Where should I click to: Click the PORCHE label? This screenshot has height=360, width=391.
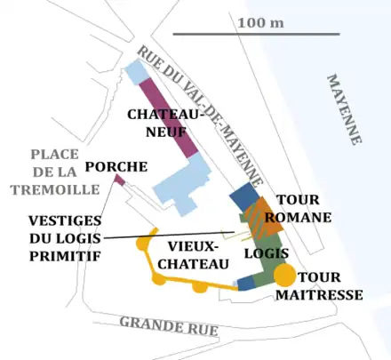tap(116, 166)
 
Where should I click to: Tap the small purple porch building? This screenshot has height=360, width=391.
tap(119, 180)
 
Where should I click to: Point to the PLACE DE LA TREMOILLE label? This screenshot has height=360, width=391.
tap(44, 172)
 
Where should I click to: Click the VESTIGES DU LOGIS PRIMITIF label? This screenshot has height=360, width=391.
tap(64, 237)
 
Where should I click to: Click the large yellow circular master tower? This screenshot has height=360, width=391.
tap(285, 275)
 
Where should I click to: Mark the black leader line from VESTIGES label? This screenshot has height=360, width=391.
tap(169, 236)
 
